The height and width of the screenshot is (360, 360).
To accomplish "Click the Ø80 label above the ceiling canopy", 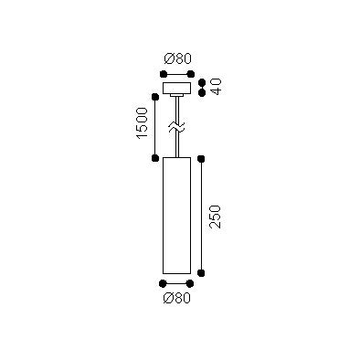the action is coord(177,58).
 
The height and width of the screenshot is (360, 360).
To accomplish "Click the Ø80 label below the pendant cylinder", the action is coord(176,298).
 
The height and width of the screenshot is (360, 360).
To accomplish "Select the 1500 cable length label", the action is coord(142,123).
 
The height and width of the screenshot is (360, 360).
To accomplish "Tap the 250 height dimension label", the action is coord(215,217).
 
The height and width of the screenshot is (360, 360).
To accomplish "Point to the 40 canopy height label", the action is coord(216,87).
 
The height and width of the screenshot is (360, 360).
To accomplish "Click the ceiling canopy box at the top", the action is coord(177,88).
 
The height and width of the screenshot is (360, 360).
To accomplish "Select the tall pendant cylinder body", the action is coord(176,216).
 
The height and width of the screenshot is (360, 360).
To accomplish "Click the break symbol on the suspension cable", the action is coord(176,127).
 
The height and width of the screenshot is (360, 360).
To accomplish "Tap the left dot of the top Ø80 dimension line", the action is coord(164,74).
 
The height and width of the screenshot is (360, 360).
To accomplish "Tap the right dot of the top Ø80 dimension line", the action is coord(191,74).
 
